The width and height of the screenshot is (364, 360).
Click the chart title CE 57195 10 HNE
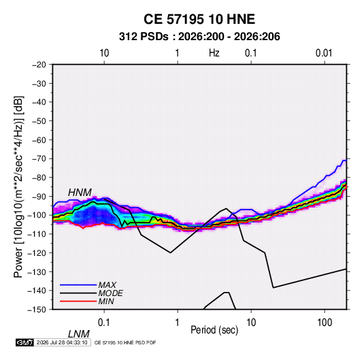(199, 19)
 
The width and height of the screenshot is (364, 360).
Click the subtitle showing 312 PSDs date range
(199, 37)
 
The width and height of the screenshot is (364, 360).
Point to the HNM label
(80, 193)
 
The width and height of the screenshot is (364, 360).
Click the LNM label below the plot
(78, 334)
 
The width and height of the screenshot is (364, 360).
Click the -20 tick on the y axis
(39, 65)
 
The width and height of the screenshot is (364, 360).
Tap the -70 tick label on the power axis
(39, 159)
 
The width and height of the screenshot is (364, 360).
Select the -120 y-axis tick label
(37, 253)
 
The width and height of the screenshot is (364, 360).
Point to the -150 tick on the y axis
(37, 310)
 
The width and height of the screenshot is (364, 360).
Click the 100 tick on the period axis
(325, 323)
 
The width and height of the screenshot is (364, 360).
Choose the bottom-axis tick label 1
(178, 323)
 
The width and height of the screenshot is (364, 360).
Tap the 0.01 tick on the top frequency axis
(324, 53)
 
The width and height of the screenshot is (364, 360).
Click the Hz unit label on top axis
(214, 53)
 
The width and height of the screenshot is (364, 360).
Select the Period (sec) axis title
(214, 330)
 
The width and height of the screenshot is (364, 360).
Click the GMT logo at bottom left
(24, 342)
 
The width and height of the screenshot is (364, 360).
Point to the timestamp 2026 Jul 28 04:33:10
(62, 342)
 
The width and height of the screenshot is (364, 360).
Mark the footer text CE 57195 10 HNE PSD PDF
(125, 342)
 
